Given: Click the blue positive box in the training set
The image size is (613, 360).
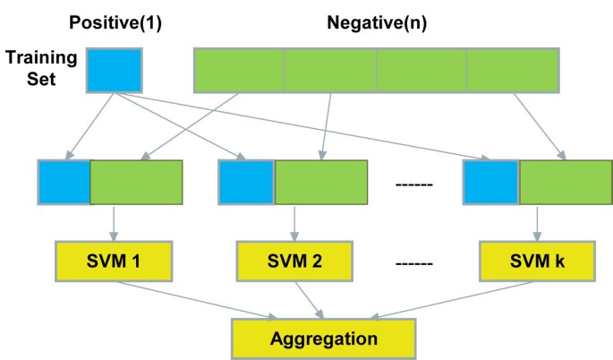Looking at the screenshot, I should coord(114,70).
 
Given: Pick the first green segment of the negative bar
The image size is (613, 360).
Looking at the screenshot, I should coord(239,70).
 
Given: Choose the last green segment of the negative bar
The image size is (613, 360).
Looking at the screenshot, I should coord(513,70).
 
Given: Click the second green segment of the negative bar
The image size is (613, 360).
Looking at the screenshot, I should coord(330,70).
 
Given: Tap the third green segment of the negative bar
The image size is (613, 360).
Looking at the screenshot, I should coord(421,70).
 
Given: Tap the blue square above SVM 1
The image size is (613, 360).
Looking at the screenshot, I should coord(64,184).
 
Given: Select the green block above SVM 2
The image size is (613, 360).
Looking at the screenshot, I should coord(320,184).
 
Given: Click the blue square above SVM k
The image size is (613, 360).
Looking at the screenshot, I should coord(490,184).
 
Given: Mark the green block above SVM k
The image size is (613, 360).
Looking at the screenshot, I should coord(566,184).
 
